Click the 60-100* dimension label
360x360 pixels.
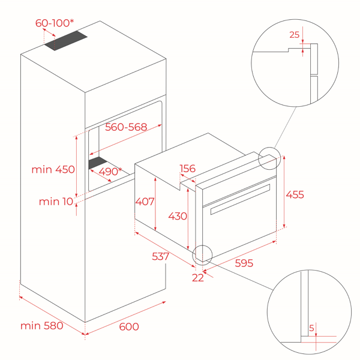pos(55,23)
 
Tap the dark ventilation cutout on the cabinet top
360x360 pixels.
pos(66,40)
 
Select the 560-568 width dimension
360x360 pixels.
pos(126,127)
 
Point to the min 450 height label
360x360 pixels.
pos(53,169)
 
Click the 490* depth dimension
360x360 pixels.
pos(110,171)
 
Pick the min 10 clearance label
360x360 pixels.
pos(56,202)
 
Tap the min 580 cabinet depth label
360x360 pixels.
pos(42,326)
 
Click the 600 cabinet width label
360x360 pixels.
pos(129,326)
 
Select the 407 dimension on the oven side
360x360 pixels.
pos(145,202)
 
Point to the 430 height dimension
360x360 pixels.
pos(178,216)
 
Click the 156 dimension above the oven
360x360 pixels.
pos(188,169)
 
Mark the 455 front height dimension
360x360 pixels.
pos(295,194)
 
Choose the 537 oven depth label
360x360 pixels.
pos(160,256)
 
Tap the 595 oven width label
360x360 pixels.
pos(244,263)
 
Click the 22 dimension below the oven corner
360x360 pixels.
pos(197,278)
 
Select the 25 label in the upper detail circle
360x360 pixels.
pos(295,35)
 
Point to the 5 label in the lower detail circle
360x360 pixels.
pos(311,328)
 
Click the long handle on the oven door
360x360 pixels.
pos(240,199)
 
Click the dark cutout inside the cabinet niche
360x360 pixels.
pos(98,163)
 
